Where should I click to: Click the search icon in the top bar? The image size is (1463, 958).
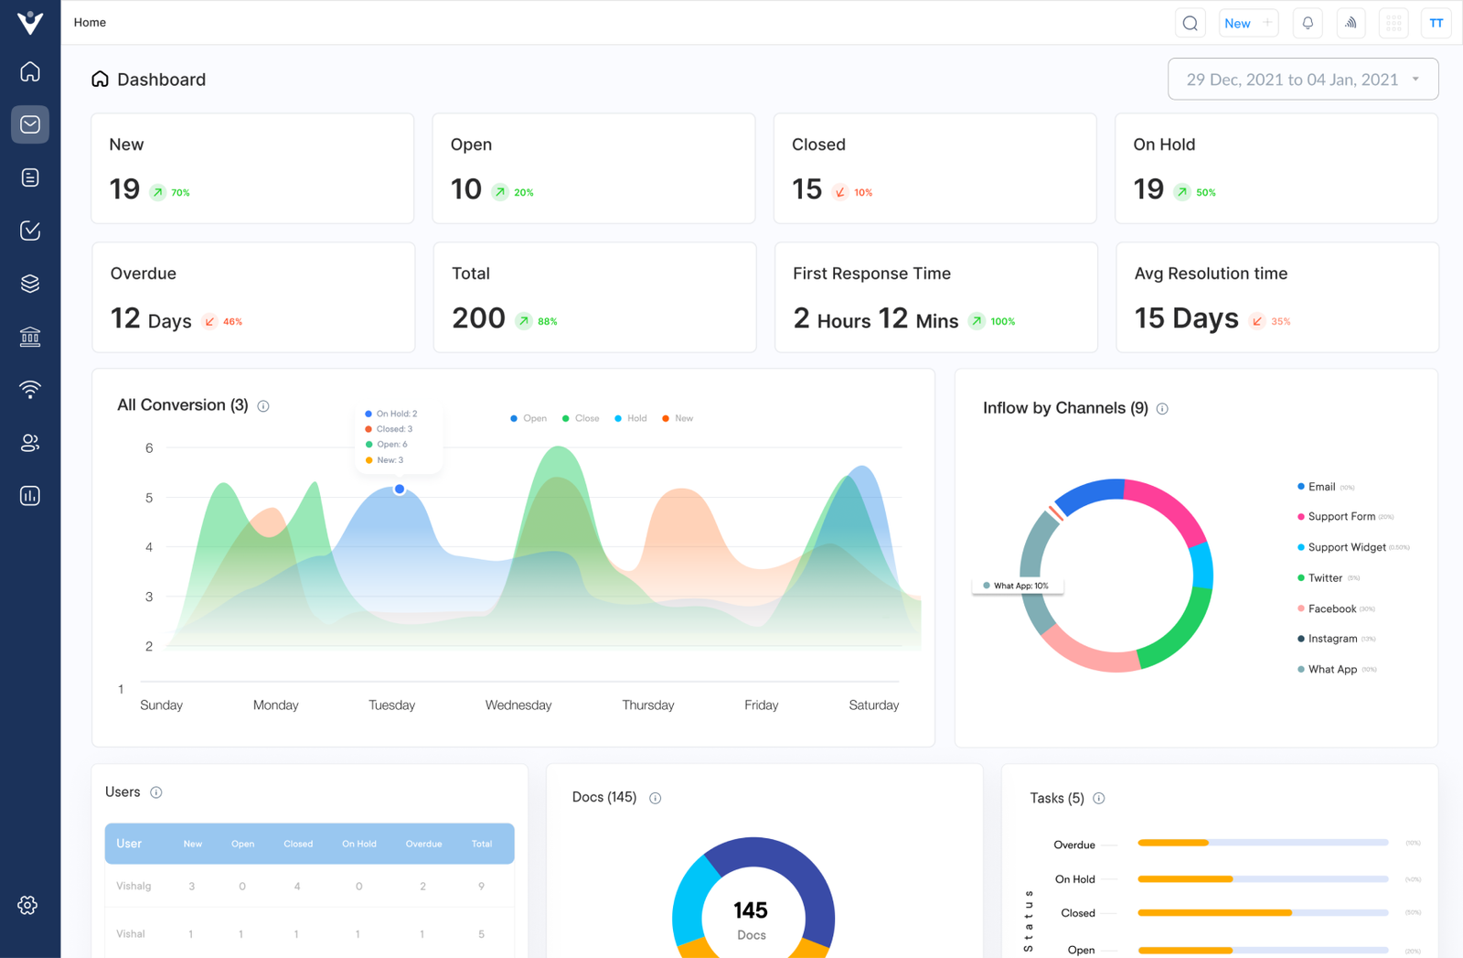tap(1190, 24)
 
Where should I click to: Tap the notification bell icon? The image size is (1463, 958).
tap(1308, 24)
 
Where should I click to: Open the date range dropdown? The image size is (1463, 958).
tap(1302, 80)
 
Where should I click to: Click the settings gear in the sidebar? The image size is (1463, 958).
tap(28, 905)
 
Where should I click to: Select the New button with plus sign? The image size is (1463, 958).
tap(1247, 24)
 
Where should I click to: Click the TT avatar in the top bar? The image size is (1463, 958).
tap(1436, 24)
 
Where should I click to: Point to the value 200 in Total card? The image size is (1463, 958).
tap(478, 318)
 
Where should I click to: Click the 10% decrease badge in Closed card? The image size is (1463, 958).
tap(854, 192)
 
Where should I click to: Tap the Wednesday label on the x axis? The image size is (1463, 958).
tap(518, 705)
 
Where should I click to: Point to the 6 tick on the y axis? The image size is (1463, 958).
tap(149, 448)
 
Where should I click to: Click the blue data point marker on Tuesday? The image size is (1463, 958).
tap(400, 490)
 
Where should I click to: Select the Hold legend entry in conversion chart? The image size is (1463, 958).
tap(631, 418)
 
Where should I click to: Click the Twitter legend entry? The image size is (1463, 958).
tap(1325, 578)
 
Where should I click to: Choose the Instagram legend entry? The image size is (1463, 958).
tap(1331, 639)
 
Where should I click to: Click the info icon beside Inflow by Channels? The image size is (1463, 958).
tap(1162, 409)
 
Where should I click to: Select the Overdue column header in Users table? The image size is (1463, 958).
tap(423, 844)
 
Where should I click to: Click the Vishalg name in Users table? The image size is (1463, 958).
tap(134, 886)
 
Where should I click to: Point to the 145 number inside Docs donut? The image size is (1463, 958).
tap(751, 910)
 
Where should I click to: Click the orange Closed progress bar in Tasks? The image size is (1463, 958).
tap(1213, 912)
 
